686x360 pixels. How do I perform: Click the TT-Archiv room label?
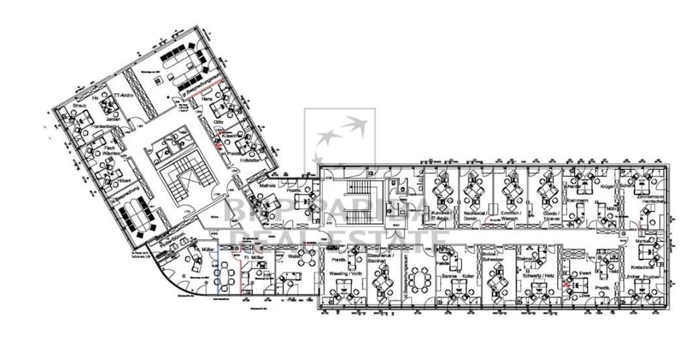(x=125, y=96)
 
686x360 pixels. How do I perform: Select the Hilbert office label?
(x=123, y=181)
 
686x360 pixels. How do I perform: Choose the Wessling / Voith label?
(x=345, y=274)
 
